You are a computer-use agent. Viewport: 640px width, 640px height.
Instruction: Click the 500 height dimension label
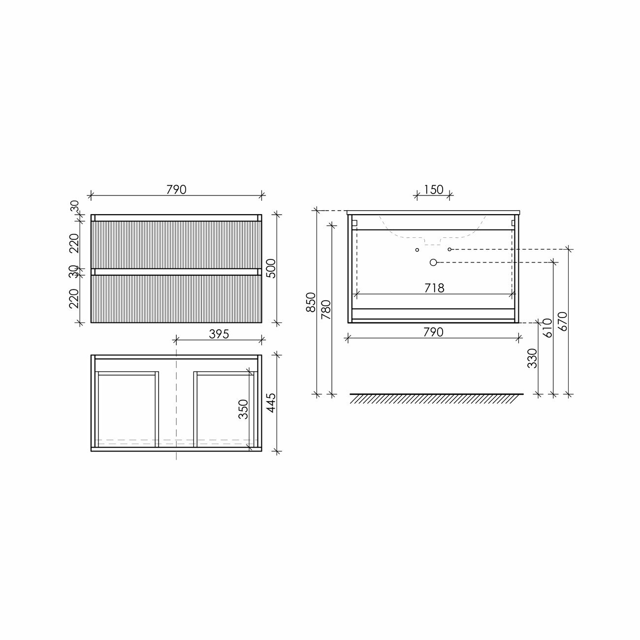tap(271, 268)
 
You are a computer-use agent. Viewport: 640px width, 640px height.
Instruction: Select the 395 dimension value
tap(219, 334)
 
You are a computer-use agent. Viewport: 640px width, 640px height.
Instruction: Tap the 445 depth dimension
tap(271, 403)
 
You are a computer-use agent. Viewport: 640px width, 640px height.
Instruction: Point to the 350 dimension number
tap(243, 409)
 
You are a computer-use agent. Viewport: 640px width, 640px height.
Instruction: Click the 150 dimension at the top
tap(433, 190)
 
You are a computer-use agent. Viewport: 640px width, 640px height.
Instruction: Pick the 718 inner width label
tap(434, 288)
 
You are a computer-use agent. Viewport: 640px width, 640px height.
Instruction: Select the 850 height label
tap(311, 302)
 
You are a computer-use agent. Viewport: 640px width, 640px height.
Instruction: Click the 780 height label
tap(326, 310)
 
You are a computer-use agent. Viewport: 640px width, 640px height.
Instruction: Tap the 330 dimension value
tap(532, 358)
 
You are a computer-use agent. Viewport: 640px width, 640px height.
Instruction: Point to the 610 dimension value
tap(547, 328)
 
